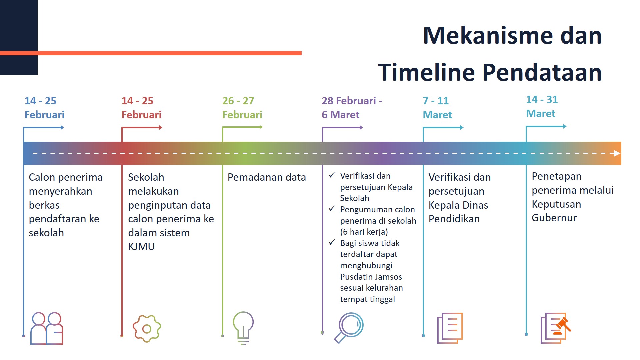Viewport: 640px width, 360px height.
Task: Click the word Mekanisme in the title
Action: coord(488,35)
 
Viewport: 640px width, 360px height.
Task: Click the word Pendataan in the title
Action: coord(542,72)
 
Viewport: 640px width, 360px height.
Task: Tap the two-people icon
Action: coord(47,328)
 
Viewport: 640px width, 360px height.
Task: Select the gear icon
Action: coord(147,329)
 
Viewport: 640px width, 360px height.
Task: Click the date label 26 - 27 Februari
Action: coord(242,108)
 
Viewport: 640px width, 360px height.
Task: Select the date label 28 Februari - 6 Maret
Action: coord(352,108)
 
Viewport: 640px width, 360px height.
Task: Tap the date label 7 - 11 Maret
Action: coord(437,108)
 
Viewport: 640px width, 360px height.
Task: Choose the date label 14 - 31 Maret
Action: coord(542,106)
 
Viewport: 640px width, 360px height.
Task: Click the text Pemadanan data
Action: coord(267,177)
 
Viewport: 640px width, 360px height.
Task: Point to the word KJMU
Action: coord(141,247)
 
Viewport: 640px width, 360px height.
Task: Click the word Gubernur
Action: coord(554,218)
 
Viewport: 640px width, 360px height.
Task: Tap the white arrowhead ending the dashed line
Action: coord(617,153)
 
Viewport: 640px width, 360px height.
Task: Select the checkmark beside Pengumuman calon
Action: coord(332,209)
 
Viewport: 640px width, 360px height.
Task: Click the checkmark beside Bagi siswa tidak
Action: coord(332,242)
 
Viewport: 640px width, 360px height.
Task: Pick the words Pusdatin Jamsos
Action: coord(371,277)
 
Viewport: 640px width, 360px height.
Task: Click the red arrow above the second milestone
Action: coord(142,127)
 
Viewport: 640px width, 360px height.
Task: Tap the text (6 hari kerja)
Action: coord(364,232)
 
